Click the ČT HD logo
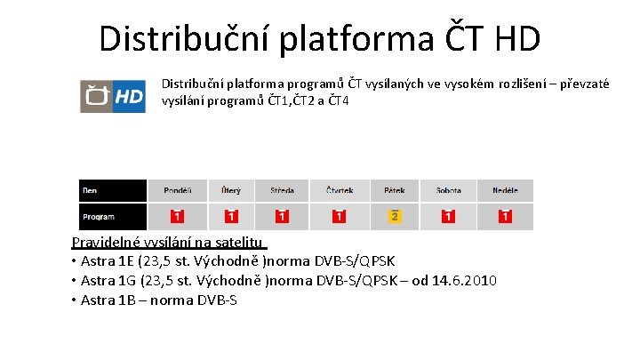point(113,96)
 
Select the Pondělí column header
point(177,190)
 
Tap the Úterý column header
point(231,190)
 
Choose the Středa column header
point(281,190)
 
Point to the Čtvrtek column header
point(339,190)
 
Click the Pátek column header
point(395,190)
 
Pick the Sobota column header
point(449,190)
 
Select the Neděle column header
point(505,190)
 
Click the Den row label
point(91,190)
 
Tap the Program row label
point(99,217)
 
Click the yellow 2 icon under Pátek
point(395,217)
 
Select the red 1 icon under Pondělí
point(177,217)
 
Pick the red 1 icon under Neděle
point(505,217)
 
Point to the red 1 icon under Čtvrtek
point(339,217)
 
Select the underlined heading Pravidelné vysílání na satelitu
point(168,242)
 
